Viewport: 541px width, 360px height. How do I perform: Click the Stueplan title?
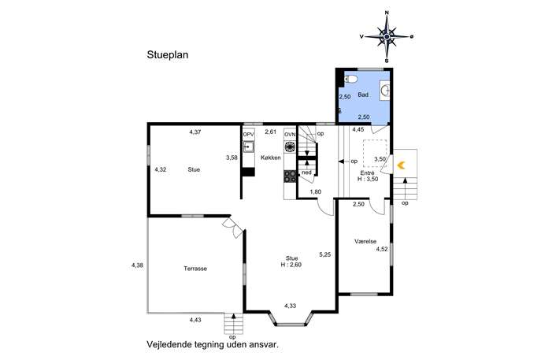(168, 55)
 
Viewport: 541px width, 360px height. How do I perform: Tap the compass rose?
(387, 36)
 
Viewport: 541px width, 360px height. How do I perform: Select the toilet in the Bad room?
(350, 80)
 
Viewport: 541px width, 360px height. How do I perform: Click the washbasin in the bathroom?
(385, 91)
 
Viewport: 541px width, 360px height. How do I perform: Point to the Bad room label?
(363, 95)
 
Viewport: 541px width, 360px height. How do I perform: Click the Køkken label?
(271, 158)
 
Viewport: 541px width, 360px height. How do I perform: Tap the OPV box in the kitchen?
(248, 134)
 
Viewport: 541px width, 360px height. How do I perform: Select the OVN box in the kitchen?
(290, 134)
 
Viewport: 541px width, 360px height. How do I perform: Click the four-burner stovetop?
(290, 176)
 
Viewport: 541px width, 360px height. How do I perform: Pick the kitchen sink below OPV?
(248, 147)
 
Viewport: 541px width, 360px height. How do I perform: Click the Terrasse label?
(195, 269)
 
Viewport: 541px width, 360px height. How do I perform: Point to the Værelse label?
(365, 241)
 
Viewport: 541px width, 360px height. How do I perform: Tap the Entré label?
(367, 173)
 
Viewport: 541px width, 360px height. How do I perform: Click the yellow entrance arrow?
(401, 165)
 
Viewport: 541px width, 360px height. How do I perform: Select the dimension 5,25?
(325, 254)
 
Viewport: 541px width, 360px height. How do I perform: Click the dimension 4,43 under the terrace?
(195, 320)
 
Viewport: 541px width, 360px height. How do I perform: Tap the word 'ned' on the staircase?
(306, 173)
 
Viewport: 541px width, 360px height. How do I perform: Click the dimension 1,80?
(316, 192)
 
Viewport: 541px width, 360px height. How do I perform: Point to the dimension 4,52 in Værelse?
(382, 249)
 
